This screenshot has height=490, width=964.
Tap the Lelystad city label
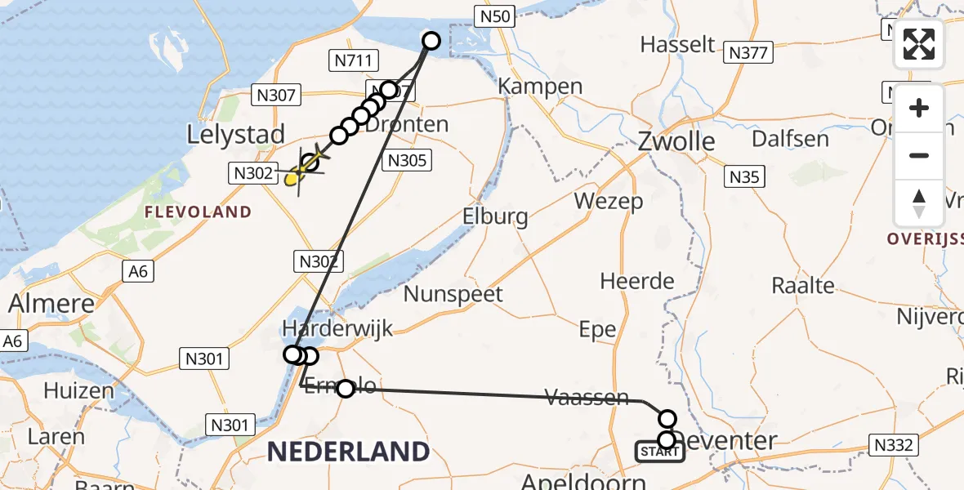click(236, 134)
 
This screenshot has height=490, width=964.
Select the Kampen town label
click(540, 86)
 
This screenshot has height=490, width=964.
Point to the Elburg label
click(494, 217)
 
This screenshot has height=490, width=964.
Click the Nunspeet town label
click(453, 294)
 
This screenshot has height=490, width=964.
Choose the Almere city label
click(51, 303)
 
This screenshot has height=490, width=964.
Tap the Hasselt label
click(677, 44)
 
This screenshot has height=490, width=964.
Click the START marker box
click(659, 452)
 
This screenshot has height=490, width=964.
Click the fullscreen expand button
click(919, 44)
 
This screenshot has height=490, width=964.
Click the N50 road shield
click(494, 15)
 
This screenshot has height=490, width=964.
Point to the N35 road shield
click(744, 176)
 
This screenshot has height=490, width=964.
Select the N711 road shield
click(353, 60)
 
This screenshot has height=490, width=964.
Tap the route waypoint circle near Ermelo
click(346, 388)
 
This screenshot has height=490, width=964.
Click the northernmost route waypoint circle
click(431, 40)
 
